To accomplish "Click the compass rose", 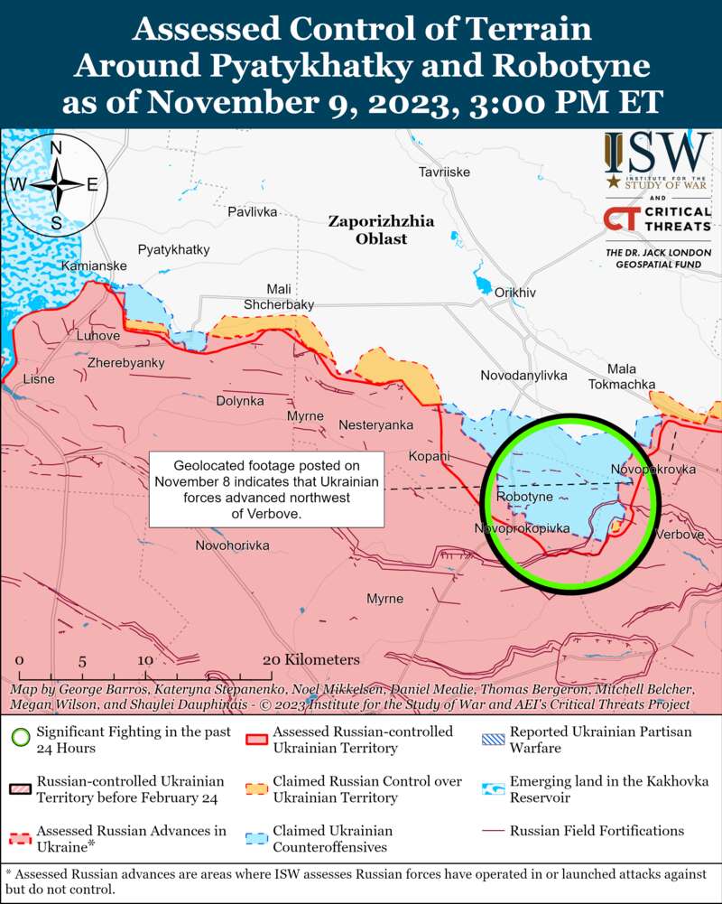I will (x=56, y=184).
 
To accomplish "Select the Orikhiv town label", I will (x=515, y=293).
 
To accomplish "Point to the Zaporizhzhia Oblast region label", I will (x=381, y=229).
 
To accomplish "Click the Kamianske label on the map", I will (x=94, y=266).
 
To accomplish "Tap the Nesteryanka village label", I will (x=375, y=424).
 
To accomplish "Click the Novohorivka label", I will (x=233, y=545).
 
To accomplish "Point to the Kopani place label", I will (x=429, y=456).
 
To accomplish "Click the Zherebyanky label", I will (x=125, y=362).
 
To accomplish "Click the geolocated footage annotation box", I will (x=266, y=488).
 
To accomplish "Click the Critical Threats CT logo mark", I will (x=618, y=219).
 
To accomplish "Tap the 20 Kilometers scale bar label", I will (x=311, y=660).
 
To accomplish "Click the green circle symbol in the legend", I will (x=21, y=739).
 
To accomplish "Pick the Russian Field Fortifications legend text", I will (x=597, y=831).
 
